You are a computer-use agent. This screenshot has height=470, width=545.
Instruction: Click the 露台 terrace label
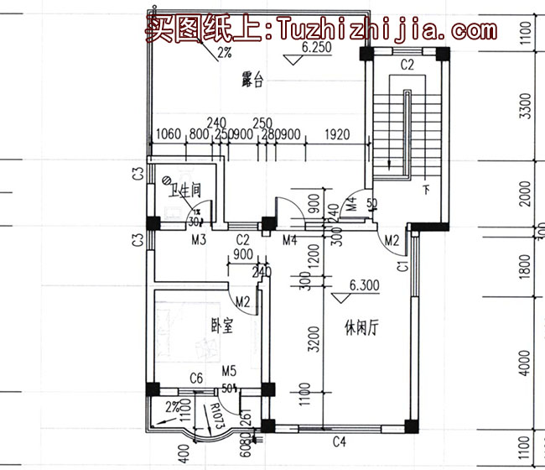point(253,81)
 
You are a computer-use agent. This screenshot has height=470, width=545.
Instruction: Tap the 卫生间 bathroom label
point(185,191)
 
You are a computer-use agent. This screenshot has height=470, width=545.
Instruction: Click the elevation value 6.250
point(316,49)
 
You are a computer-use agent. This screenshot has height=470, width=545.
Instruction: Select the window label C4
point(340,441)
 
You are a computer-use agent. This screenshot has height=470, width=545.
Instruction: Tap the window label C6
point(197,379)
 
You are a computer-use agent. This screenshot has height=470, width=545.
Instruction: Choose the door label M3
point(199,241)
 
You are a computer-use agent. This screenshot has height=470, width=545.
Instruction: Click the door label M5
point(229,371)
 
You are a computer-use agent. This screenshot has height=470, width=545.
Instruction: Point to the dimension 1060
point(169,134)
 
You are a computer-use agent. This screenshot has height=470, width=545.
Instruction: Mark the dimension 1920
point(335,134)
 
